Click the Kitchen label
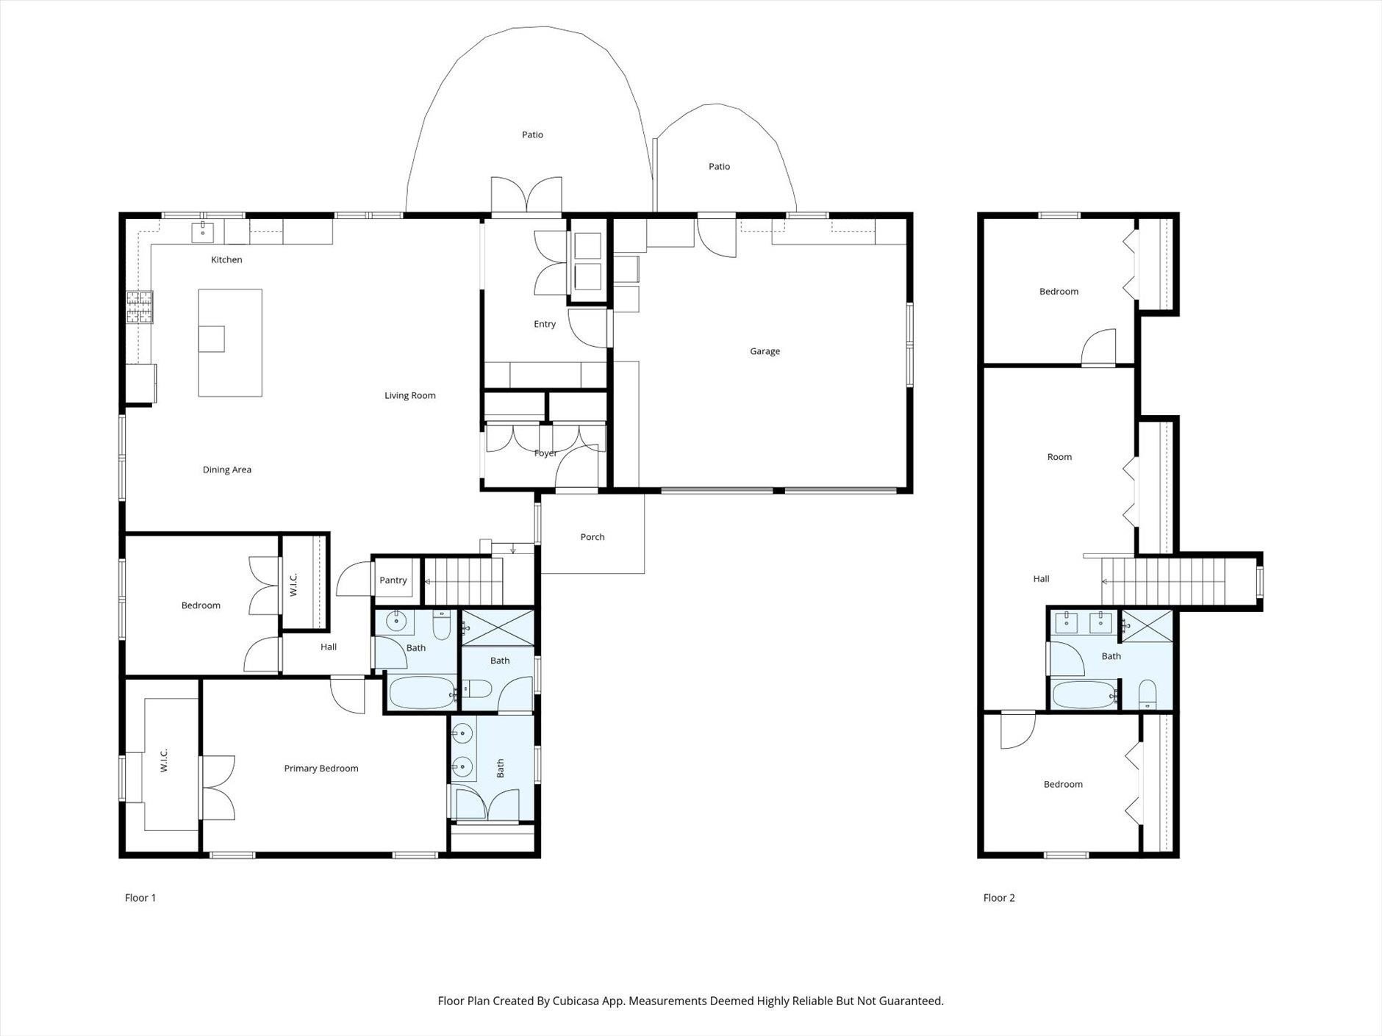coord(226,259)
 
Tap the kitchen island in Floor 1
coord(230,342)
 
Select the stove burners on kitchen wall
coord(140,308)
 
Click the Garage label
coord(765,351)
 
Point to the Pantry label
coord(393,580)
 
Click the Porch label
coord(592,537)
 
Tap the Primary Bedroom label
coord(321,769)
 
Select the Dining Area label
coord(227,470)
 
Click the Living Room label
coord(410,395)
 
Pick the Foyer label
coord(545,453)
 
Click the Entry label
coord(545,324)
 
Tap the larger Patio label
coord(532,134)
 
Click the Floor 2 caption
coord(999,898)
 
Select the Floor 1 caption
coord(140,898)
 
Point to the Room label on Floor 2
coord(1059,457)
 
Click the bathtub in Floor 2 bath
coord(1084,694)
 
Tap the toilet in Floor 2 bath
coord(1148,694)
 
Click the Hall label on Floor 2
coord(1041,579)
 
